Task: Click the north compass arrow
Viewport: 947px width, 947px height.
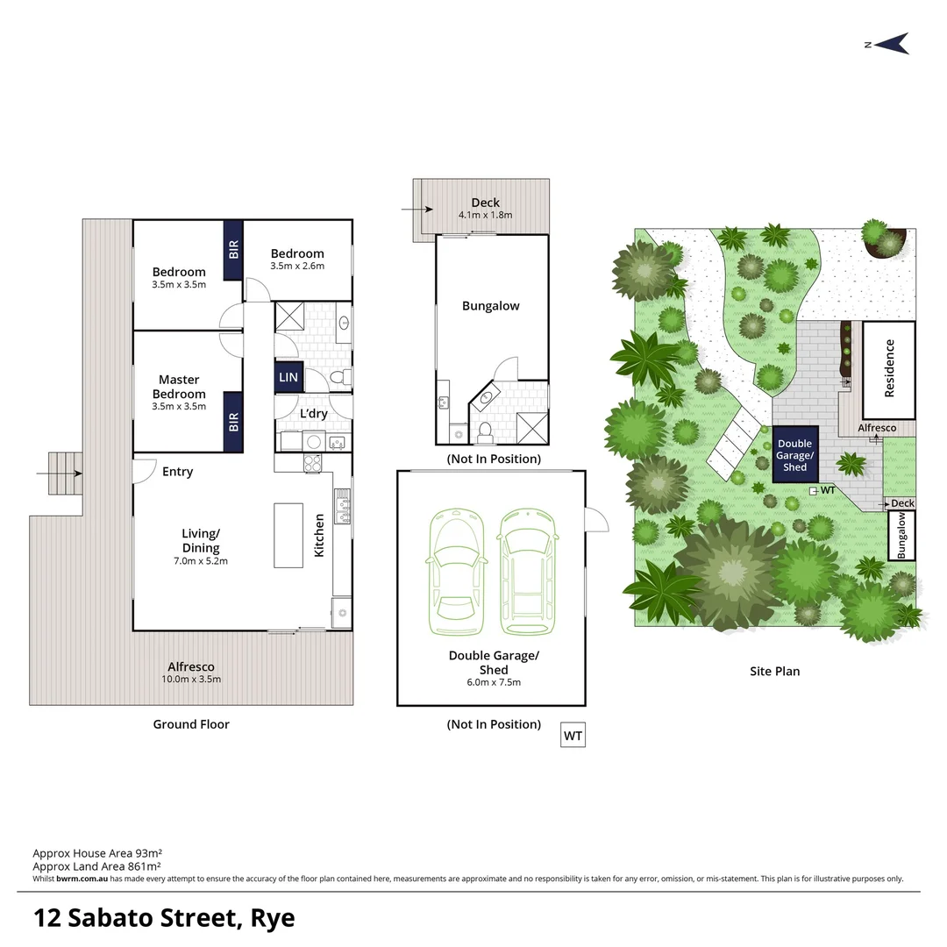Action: coord(891,43)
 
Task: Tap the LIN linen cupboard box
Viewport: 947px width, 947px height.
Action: coord(288,377)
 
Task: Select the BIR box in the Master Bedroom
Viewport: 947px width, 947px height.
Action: coord(233,423)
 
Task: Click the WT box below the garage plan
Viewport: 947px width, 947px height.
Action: coord(573,736)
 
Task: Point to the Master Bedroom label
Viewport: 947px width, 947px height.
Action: coord(179,387)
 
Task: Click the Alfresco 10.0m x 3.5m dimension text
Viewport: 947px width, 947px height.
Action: coord(191,679)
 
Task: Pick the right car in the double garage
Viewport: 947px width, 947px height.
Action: coord(528,573)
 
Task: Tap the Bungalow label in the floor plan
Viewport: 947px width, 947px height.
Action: coord(490,306)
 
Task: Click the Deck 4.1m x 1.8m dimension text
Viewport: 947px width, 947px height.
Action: coord(485,214)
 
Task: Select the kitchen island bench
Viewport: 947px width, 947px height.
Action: coord(288,535)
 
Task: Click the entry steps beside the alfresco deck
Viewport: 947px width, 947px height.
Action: coord(64,473)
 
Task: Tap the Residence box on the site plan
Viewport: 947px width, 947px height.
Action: coord(889,369)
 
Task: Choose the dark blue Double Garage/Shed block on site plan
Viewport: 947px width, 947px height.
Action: coord(794,455)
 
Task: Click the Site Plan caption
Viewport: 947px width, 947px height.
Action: coord(774,672)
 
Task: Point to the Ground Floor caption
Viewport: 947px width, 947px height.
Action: coord(191,724)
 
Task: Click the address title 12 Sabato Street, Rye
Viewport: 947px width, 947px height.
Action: coord(164,918)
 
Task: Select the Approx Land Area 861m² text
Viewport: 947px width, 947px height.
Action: coord(96,865)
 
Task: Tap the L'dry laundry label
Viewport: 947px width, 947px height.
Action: coord(313,414)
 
